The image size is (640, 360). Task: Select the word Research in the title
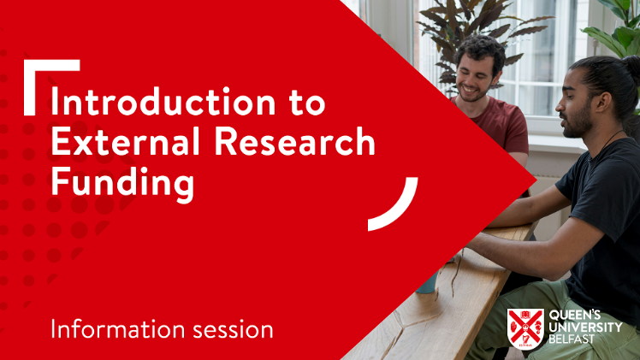point(294,140)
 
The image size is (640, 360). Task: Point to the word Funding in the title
point(123,183)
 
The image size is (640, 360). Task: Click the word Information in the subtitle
point(118,329)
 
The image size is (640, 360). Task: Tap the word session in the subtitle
point(233,330)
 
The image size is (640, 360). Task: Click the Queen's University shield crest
point(525,329)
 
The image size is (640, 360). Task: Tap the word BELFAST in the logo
point(572,339)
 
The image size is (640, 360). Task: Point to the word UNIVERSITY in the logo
point(586,327)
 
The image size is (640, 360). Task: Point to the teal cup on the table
point(427,282)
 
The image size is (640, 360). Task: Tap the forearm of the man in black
point(526,249)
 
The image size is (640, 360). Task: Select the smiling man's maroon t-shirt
point(500,124)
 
